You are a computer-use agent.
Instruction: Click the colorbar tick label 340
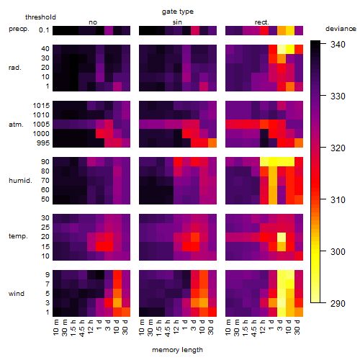[x=338, y=45]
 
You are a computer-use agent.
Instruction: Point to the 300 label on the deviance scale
[x=338, y=252]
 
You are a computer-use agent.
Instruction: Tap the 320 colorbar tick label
[x=338, y=148]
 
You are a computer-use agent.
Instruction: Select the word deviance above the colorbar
[x=341, y=29]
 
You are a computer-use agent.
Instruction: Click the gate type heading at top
[x=178, y=12]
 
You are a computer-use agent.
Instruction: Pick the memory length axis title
[x=177, y=350]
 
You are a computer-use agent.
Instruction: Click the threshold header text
[x=40, y=17]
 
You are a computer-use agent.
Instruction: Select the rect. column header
[x=261, y=22]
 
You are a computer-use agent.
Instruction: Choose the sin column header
[x=177, y=22]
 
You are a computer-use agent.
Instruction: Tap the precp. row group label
[x=19, y=29]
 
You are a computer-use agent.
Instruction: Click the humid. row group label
[x=20, y=180]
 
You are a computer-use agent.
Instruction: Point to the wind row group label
[x=17, y=294]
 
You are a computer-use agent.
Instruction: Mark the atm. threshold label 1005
[x=41, y=125]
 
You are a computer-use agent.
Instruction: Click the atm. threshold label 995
[x=43, y=143]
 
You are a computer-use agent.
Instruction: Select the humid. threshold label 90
[x=45, y=162]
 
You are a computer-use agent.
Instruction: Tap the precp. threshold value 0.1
[x=44, y=30]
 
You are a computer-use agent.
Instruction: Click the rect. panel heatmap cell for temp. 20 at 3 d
[x=282, y=237]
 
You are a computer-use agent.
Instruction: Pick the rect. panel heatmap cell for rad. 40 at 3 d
[x=282, y=49]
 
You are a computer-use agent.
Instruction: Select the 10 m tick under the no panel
[x=56, y=328]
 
